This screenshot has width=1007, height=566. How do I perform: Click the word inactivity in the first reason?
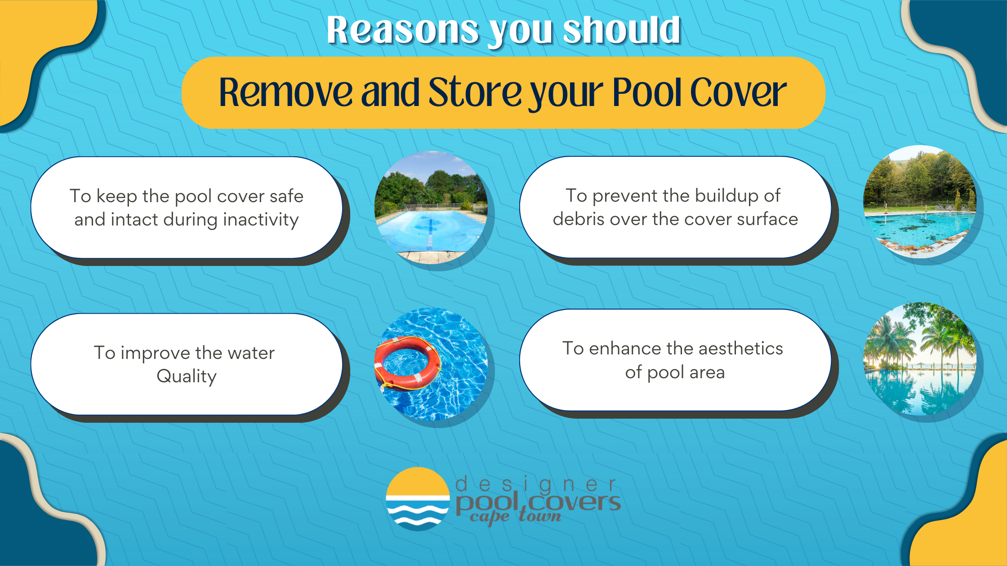coord(261,220)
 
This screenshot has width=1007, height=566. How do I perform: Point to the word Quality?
coord(187,376)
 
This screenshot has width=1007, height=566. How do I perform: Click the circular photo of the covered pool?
coord(431,207)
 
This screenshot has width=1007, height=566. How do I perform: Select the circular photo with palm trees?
coord(920,359)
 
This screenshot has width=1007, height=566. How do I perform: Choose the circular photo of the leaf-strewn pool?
coord(920,202)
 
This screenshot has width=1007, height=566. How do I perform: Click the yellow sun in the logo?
coord(418,482)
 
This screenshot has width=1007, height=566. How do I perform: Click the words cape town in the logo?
coord(516,516)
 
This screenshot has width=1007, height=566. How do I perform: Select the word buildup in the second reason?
coord(726,196)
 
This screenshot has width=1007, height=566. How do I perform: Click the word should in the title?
coord(622,30)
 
